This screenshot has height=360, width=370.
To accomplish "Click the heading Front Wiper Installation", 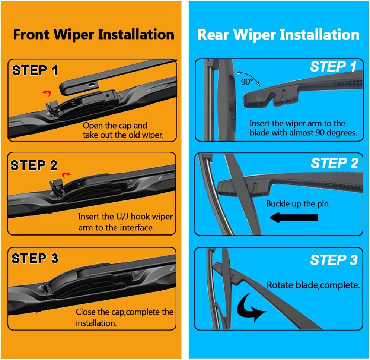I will pyautogui.click(x=93, y=34).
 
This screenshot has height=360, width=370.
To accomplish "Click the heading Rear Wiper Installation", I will pyautogui.click(x=278, y=34).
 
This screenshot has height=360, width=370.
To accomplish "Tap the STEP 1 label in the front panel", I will pyautogui.click(x=35, y=70).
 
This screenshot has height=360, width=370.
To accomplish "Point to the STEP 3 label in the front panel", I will pyautogui.click(x=35, y=258).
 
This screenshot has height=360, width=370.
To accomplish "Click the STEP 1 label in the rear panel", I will pyautogui.click(x=333, y=67).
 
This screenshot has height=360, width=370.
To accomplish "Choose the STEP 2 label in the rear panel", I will pyautogui.click(x=334, y=163).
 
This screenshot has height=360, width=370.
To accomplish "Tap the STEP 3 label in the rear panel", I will pyautogui.click(x=334, y=260).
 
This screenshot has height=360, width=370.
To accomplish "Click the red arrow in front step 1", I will pyautogui.click(x=47, y=93).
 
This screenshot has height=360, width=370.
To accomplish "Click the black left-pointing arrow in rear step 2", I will pyautogui.click(x=294, y=217).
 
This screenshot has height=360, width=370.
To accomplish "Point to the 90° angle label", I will pyautogui.click(x=247, y=82).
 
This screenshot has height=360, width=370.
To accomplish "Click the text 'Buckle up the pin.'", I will pyautogui.click(x=298, y=204).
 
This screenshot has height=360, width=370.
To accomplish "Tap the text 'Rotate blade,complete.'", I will pyautogui.click(x=313, y=285).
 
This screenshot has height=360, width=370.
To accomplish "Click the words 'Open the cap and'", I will pyautogui.click(x=115, y=126).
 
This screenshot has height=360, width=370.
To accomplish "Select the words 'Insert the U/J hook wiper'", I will pyautogui.click(x=125, y=217).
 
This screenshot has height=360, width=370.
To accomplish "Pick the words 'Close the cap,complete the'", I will pyautogui.click(x=124, y=312).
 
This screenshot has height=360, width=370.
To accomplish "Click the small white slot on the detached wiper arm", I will pyautogui.click(x=91, y=86).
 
